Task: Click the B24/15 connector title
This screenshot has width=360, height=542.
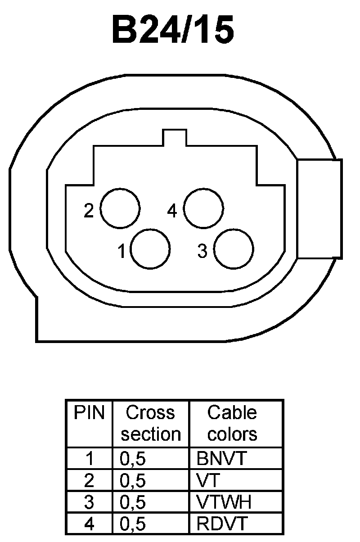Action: pyautogui.click(x=173, y=31)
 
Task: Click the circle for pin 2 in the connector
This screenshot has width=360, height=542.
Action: pyautogui.click(x=120, y=208)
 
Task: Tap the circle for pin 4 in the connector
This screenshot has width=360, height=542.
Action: pyautogui.click(x=204, y=208)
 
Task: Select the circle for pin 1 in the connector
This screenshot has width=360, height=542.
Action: pyautogui.click(x=150, y=248)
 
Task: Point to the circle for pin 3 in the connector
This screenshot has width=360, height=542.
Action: pyautogui.click(x=234, y=249)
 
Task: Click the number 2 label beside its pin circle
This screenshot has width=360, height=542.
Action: pyautogui.click(x=89, y=211)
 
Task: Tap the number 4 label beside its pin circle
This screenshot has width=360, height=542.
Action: pyautogui.click(x=172, y=211)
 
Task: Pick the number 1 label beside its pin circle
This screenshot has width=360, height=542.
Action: pyautogui.click(x=121, y=252)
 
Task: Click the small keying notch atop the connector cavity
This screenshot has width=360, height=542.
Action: pyautogui.click(x=175, y=138)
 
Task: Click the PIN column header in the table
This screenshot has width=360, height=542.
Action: pyautogui.click(x=89, y=413)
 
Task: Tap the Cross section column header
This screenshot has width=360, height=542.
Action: pyautogui.click(x=151, y=423)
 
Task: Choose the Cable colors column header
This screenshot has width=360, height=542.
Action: pyautogui.click(x=232, y=423)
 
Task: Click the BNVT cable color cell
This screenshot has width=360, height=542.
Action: pyautogui.click(x=222, y=459)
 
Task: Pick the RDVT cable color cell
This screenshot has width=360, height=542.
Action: pyautogui.click(x=222, y=524)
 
